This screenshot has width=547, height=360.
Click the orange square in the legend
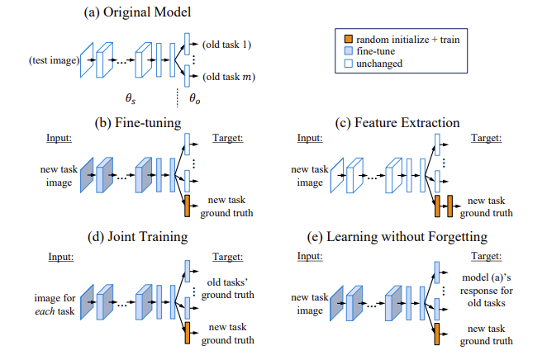349,39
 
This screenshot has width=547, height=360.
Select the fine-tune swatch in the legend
349,51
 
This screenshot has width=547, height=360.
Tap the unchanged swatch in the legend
349,64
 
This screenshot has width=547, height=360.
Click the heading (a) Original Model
137,12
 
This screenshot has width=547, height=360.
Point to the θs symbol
131,98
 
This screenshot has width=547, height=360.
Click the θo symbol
195,98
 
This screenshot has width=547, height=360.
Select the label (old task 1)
226,45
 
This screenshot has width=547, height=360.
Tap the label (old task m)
229,77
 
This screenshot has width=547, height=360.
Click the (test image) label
54,60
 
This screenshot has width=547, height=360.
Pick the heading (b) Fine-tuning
138,123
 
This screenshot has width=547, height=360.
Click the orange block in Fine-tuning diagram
188,206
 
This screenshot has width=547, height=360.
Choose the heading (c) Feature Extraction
397,123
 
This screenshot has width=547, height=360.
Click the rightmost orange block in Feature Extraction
450,206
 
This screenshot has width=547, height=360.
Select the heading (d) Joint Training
137,237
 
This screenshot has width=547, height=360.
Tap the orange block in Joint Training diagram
188,334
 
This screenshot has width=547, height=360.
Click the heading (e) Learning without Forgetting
397,237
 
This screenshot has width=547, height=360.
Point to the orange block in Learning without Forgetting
437,334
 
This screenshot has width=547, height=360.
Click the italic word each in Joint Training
45,311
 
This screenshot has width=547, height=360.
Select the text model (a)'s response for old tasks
487,291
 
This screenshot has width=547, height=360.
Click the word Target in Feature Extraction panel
487,138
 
